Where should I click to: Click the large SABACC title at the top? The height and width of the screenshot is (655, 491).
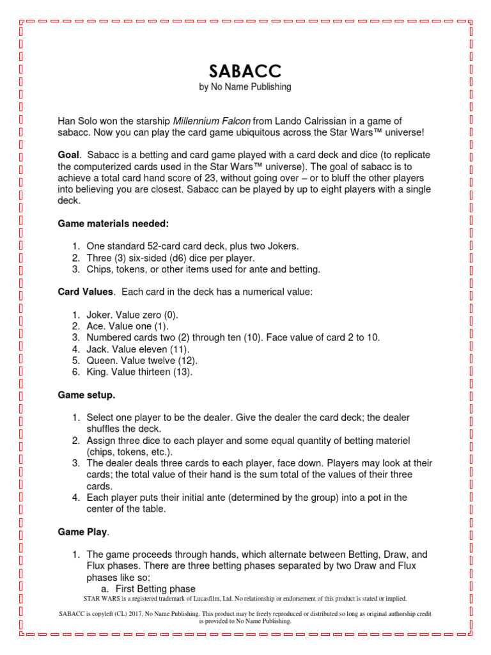245,71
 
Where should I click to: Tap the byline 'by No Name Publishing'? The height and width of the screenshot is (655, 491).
245,87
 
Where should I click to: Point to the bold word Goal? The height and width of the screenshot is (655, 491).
69,155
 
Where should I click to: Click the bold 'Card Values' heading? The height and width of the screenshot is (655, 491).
86,292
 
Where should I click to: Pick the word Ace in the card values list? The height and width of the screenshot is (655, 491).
95,326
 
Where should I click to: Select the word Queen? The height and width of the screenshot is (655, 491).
101,361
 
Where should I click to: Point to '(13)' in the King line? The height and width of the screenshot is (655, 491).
181,372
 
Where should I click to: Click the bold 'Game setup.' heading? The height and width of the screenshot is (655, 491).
87,395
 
